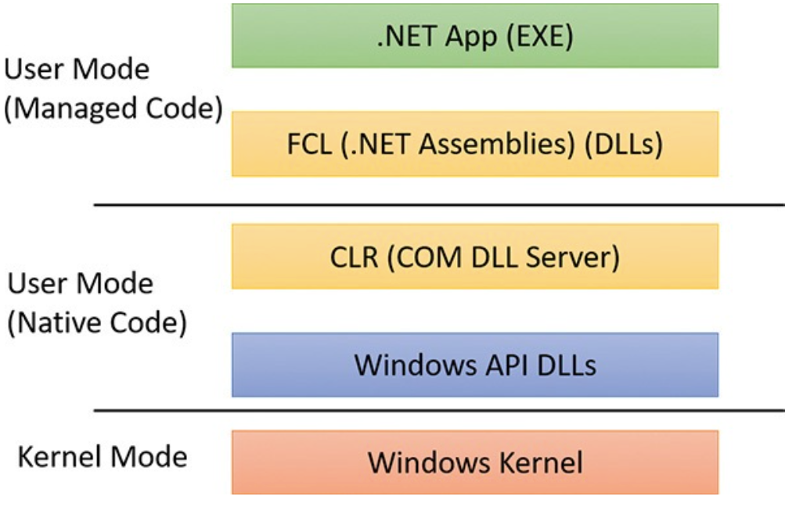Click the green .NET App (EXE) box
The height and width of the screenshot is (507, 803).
(474, 36)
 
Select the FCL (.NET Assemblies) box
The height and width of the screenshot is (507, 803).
(474, 144)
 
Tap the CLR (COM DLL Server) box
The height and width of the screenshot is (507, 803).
(474, 257)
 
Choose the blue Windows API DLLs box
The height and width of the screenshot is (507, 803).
(474, 365)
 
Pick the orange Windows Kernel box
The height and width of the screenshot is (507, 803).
(474, 462)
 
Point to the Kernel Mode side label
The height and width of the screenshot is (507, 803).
(103, 457)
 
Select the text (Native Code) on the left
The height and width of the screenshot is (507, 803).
(97, 322)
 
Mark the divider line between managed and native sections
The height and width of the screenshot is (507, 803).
(438, 205)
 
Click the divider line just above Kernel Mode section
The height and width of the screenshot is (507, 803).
(438, 410)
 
